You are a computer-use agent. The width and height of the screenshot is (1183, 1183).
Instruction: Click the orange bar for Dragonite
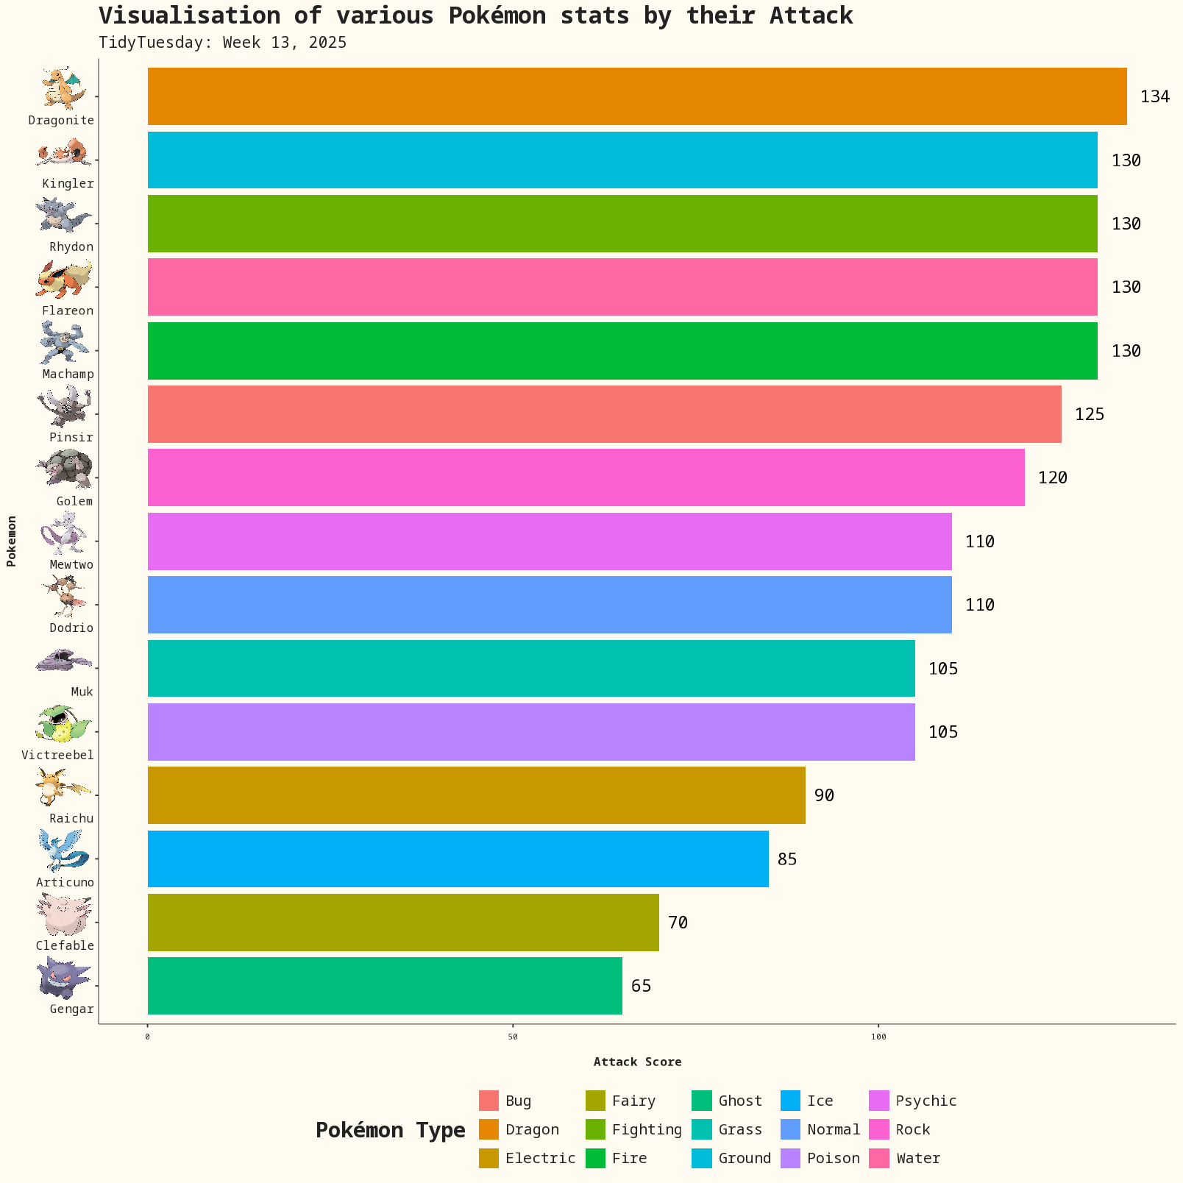coord(637,96)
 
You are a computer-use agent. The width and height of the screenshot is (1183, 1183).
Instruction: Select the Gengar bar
coord(385,986)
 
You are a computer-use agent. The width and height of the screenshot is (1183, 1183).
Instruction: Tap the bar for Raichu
coord(476,795)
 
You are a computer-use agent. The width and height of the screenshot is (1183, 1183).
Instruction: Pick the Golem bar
coord(586,477)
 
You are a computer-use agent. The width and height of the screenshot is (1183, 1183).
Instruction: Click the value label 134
coord(1154,96)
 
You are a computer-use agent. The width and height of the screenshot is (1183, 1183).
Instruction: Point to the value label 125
coord(1089,414)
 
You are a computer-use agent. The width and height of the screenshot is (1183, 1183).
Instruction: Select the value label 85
coord(786,859)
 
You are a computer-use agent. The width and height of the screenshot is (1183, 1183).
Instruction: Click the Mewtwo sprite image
coord(65,533)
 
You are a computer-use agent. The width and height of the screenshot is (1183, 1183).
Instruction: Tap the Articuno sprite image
coord(65,851)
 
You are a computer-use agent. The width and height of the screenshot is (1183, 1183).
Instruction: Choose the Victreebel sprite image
coord(63,725)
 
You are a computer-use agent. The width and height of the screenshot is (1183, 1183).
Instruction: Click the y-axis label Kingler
coord(68,184)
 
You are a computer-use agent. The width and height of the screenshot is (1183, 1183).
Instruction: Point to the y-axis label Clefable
coord(65,946)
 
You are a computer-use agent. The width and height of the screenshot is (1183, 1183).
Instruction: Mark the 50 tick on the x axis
coord(513,1037)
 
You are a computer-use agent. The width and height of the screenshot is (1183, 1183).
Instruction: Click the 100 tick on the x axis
coord(878,1037)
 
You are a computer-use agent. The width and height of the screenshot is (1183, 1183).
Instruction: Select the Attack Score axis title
coord(637,1062)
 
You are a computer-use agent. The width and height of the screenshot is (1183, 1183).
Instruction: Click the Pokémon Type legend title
coord(390,1130)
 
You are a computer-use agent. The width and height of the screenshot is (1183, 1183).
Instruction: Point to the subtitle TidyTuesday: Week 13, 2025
coord(222,43)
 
